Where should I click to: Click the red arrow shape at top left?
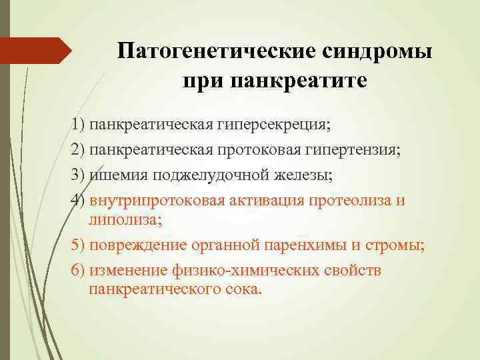pyautogui.click(x=36, y=51)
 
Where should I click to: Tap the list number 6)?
pyautogui.click(x=79, y=271)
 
